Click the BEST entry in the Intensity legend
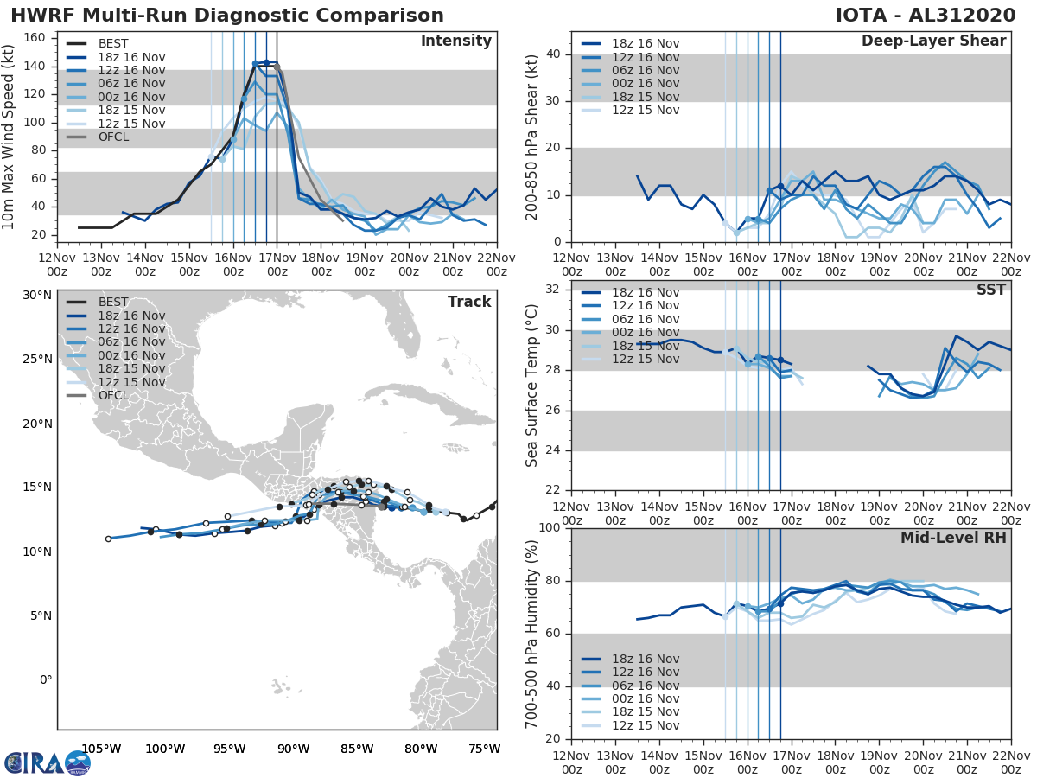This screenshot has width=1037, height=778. [113, 43]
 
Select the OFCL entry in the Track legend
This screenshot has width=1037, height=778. [113, 395]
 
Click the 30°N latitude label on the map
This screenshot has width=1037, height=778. [36, 295]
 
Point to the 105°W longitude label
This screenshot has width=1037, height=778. [101, 749]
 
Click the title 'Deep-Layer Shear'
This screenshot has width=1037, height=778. [933, 41]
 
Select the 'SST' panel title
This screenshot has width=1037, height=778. [990, 290]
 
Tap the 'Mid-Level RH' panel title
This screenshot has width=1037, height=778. [953, 538]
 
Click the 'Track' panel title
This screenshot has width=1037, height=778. [468, 302]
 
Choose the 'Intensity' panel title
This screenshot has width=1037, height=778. [455, 41]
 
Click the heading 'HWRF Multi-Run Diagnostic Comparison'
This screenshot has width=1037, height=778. [227, 16]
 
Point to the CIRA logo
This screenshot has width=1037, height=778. [47, 762]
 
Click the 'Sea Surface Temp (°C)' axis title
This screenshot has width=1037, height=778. [532, 386]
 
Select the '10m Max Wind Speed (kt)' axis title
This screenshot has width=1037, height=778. [9, 135]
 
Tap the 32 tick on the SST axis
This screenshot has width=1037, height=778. [554, 290]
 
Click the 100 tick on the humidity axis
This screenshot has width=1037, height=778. [549, 528]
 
